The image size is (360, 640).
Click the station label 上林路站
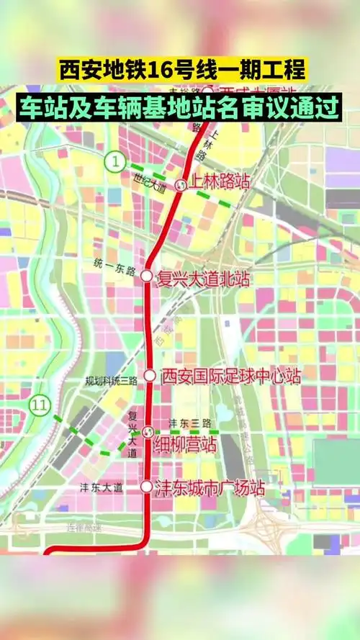pos(218,182)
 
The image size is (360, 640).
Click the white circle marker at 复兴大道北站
pos(146,276)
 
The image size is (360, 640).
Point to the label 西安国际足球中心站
pos(230,375)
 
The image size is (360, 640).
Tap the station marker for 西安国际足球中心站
pos(149,375)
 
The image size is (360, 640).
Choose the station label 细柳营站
pos(185,445)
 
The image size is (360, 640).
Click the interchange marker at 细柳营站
pos(148,432)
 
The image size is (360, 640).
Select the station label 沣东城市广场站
pos(210,487)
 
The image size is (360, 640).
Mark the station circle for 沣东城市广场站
pos(147,487)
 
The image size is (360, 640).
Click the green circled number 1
pos(114,162)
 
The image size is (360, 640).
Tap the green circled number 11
pos(40,405)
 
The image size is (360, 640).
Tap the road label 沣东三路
pos(188,423)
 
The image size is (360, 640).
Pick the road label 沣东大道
pos(101,487)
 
